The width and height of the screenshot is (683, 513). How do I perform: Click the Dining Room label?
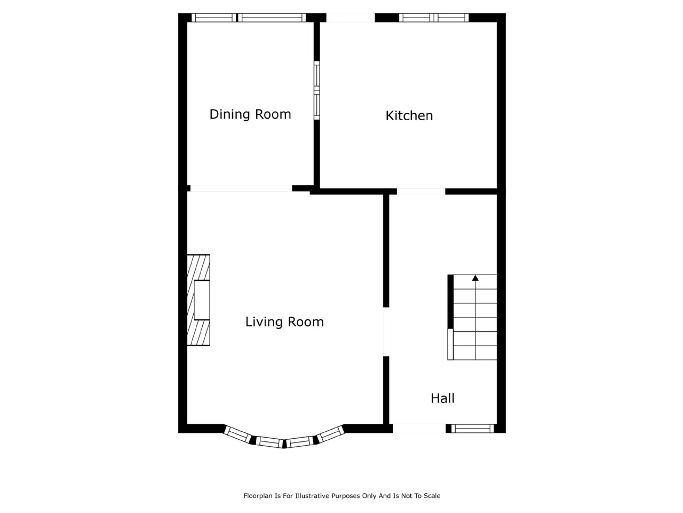pos(250,114)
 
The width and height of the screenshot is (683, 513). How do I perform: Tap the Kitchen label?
pos(409,115)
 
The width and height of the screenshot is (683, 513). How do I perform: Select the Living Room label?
pos(284,322)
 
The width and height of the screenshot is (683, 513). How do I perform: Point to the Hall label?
pos(442,399)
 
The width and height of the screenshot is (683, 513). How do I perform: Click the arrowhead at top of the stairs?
pos(475,278)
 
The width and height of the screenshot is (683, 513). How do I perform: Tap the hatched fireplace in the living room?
pos(198,300)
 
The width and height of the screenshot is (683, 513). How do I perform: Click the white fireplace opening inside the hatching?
pos(202,300)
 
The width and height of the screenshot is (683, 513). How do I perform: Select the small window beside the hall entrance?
pos(472,429)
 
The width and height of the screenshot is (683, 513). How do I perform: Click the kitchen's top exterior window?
pos(434,18)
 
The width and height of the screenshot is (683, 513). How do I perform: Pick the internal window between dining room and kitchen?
pos(317,90)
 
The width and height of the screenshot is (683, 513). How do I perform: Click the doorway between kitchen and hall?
pos(421,191)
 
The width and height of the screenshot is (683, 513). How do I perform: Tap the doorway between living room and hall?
pos(386,332)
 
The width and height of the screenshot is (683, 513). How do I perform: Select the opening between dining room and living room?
pos(241,188)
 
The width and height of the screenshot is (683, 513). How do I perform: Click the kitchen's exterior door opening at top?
pos(351,18)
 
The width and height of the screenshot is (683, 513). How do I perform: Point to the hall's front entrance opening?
pos(419,429)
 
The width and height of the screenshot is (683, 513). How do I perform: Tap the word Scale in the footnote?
pos(432,496)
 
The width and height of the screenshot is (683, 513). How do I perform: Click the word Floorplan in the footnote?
pos(258,496)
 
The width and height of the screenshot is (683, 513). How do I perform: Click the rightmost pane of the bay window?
pos(330,434)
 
